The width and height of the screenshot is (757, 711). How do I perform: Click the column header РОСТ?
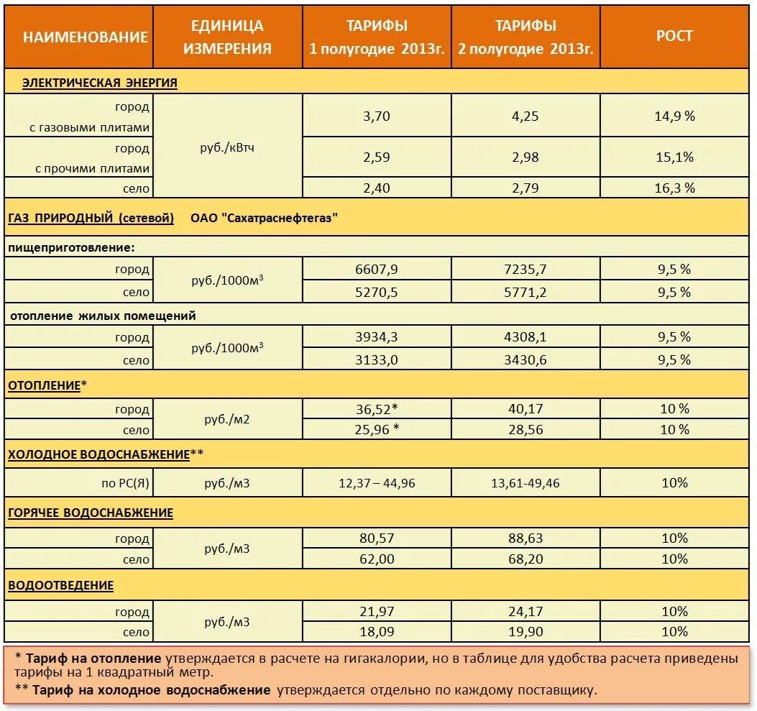coord(674,37)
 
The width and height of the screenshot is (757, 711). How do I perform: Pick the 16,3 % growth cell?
coord(674,188)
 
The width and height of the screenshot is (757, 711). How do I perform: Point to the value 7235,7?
coord(526,270)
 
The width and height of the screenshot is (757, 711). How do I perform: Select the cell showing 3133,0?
coord(377,360)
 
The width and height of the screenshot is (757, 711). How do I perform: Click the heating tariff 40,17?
coord(526,409)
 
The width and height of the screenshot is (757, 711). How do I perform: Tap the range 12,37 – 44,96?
coord(377,483)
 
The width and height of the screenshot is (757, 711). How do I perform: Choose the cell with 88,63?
coord(526,538)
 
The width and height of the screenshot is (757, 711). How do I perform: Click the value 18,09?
coord(377,632)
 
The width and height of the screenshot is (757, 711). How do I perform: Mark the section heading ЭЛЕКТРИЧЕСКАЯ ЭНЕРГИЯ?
coord(100,83)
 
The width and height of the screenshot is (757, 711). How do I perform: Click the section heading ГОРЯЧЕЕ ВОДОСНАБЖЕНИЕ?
coord(91,513)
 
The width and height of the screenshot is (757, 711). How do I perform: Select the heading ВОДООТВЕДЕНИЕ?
coord(61,586)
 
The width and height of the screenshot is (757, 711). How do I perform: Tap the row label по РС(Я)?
coord(125,483)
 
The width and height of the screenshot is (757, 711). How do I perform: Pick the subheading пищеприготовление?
coord(72,247)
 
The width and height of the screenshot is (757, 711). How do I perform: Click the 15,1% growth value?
coord(674,157)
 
